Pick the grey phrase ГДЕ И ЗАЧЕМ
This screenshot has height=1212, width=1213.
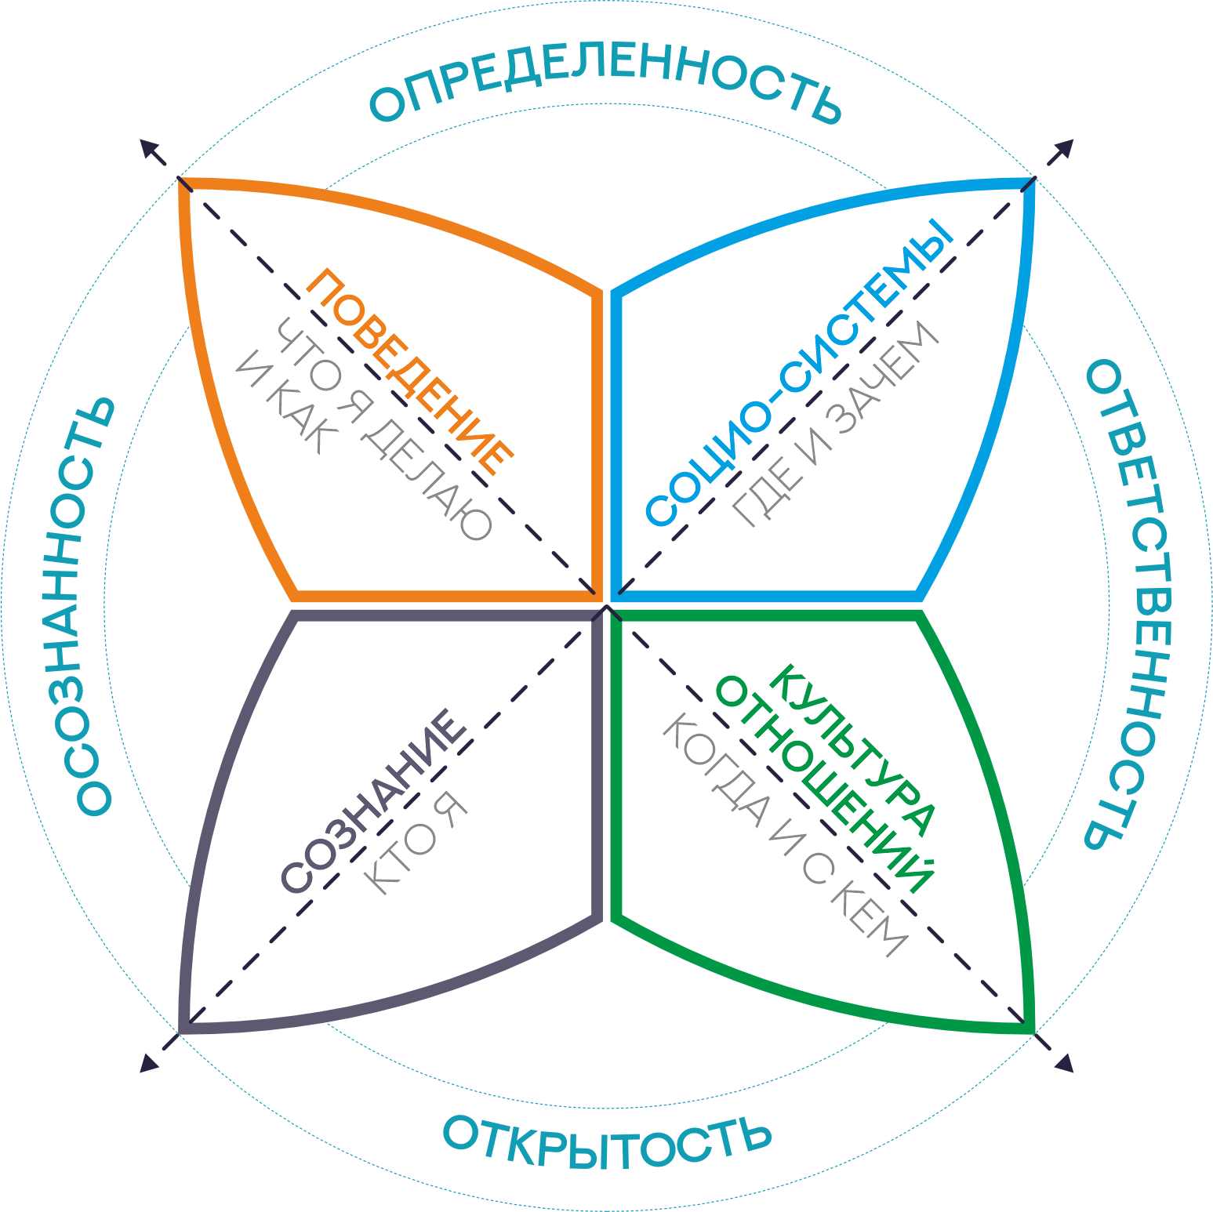(x=836, y=423)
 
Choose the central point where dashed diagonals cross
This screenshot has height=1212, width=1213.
(x=607, y=606)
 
